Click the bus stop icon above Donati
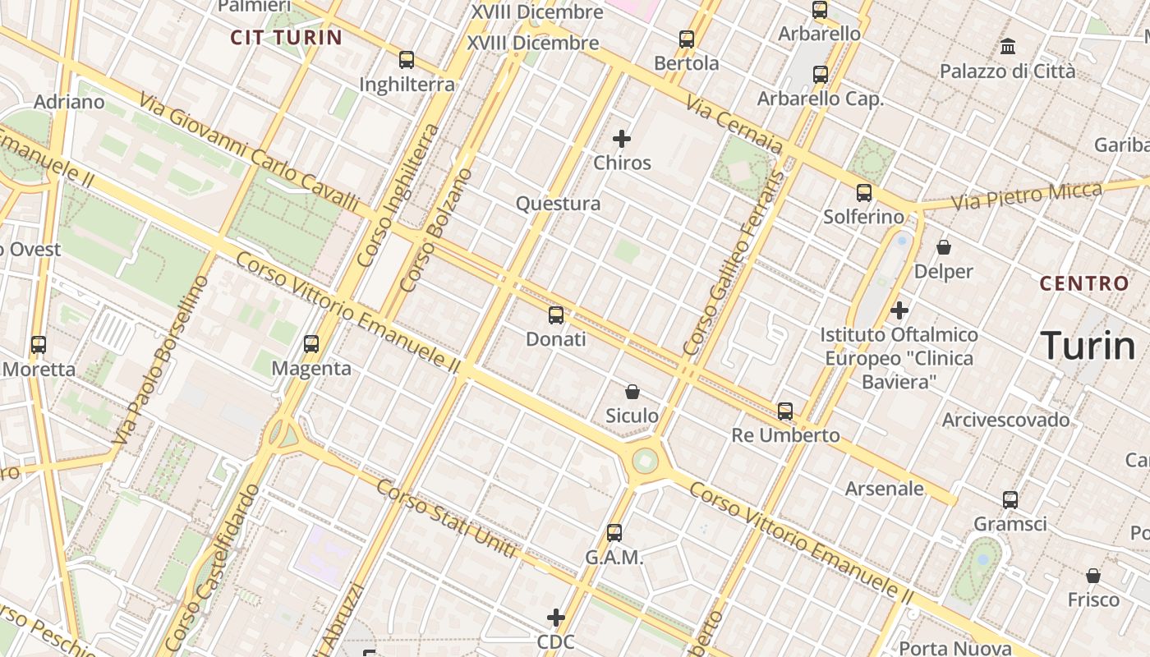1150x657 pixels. (x=556, y=315)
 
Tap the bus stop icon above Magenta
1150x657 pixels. (x=311, y=344)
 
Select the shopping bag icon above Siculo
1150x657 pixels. (x=632, y=392)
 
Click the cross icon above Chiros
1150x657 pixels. (x=622, y=139)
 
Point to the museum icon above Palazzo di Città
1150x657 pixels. (x=1008, y=47)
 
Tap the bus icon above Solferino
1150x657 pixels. (x=864, y=194)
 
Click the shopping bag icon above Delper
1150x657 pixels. (x=944, y=246)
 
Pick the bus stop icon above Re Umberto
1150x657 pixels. (x=785, y=411)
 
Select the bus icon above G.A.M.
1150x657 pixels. (x=614, y=533)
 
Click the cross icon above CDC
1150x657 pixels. (x=556, y=618)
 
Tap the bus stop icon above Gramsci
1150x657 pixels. (x=1010, y=499)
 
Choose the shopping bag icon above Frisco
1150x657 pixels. (x=1093, y=576)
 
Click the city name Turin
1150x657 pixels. (x=1088, y=346)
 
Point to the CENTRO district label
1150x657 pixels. (x=1084, y=284)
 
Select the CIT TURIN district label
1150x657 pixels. (x=286, y=37)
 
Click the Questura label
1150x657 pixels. (x=558, y=204)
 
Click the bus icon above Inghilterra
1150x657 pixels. (x=407, y=60)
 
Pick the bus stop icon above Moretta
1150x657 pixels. (x=39, y=345)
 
